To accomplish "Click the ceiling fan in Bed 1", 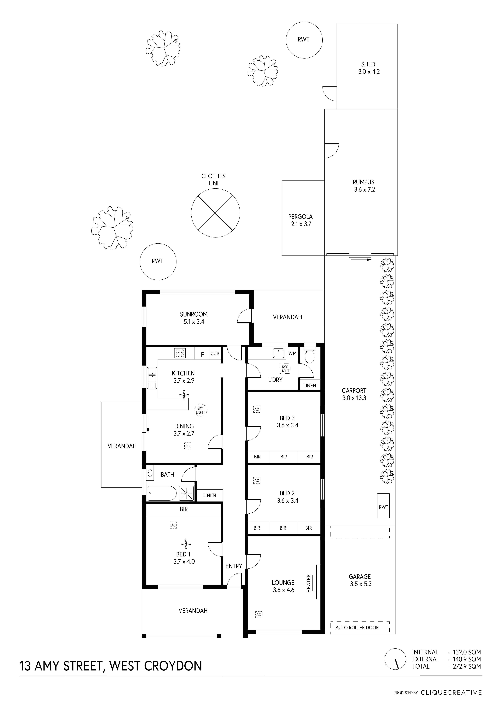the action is click(x=186, y=544).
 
